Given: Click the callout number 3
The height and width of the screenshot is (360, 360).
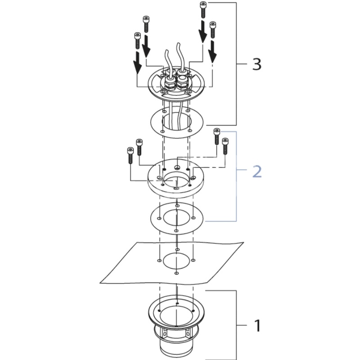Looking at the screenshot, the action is pos(256,64).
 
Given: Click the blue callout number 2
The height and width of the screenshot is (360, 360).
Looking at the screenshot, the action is pos(257,171).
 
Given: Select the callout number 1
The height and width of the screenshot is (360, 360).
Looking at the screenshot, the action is pos(257,325).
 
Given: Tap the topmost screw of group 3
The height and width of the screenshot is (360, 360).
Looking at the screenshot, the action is pos(203,9).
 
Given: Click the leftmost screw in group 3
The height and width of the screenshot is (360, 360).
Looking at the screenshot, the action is pos(137,40).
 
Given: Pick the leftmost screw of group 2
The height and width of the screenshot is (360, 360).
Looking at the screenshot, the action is pos(130,155).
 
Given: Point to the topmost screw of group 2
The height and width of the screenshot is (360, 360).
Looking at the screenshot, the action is pos(217,137).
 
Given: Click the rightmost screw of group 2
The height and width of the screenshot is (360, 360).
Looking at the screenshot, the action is pos(225,146).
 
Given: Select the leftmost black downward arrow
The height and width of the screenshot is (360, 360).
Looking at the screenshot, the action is pos(138,63).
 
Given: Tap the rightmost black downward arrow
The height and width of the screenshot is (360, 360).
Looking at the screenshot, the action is pos(213,52).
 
